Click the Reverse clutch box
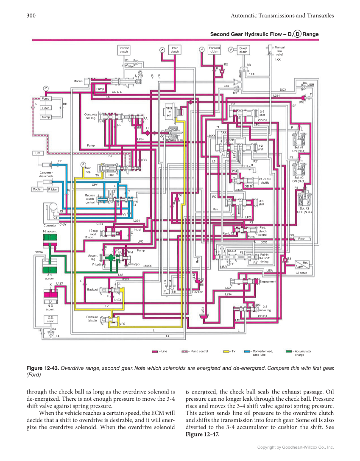point(124,50)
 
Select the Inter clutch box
point(175,50)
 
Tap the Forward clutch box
point(215,50)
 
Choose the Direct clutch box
point(243,50)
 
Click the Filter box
point(45,108)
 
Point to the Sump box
point(45,117)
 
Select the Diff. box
point(37,153)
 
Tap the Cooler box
point(37,189)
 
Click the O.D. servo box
point(50,319)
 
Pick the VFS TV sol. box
point(169,112)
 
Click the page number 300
point(31,16)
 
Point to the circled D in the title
point(298,34)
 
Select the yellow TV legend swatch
point(228,351)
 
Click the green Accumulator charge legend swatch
point(289,351)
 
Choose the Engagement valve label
point(268,282)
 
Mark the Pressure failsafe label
point(92,319)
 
